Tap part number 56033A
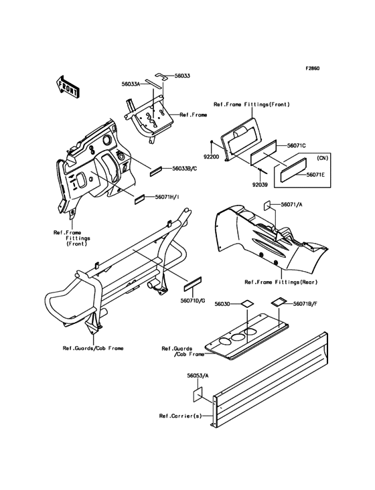[131, 84]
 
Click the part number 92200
[211, 158]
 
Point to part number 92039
[260, 185]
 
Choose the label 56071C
[297, 146]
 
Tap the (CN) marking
[322, 158]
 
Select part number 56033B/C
[184, 168]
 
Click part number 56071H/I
[167, 197]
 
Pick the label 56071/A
[291, 204]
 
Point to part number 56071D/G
[192, 301]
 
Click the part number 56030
[222, 303]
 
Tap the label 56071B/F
[305, 303]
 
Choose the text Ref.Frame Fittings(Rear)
[281, 282]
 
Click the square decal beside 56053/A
[197, 394]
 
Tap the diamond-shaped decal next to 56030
[246, 303]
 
